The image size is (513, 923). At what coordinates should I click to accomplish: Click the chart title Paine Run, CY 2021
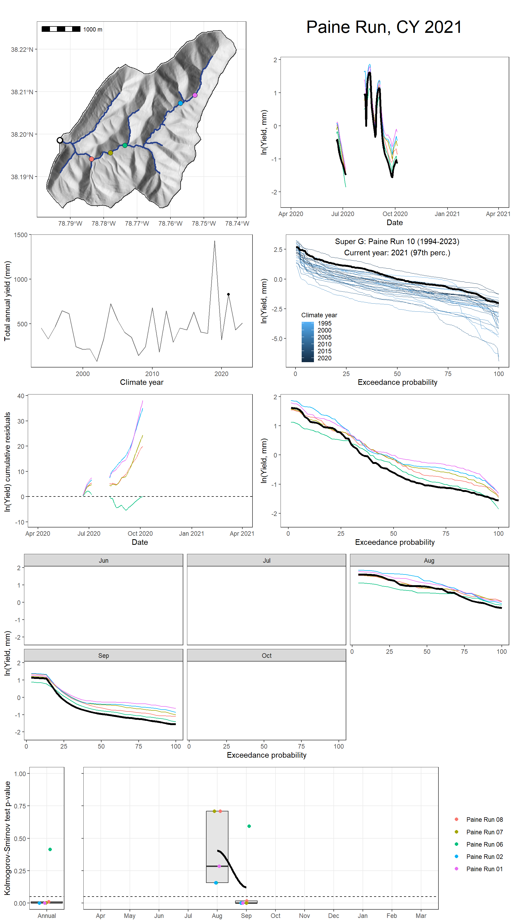(x=384, y=27)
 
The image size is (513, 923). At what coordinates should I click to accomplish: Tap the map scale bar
(x=61, y=29)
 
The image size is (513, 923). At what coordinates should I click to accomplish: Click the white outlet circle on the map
(x=60, y=140)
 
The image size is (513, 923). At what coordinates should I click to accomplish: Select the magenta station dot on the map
(x=195, y=95)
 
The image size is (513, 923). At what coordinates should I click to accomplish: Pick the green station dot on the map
(x=125, y=145)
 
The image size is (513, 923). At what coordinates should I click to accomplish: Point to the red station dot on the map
(x=91, y=159)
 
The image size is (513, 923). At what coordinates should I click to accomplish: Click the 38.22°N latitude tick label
(x=22, y=49)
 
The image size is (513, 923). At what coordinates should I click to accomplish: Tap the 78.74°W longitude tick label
(x=237, y=224)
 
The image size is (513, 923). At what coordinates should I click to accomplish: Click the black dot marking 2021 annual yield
(x=228, y=294)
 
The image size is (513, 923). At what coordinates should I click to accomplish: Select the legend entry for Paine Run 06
(x=484, y=844)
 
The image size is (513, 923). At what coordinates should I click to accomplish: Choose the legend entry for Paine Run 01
(x=484, y=869)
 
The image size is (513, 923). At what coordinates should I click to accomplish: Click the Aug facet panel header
(x=429, y=560)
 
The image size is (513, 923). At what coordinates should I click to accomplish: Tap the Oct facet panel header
(x=266, y=655)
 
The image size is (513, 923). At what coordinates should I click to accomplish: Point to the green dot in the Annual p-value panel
(x=50, y=849)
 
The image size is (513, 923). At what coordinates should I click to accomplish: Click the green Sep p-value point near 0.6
(x=249, y=826)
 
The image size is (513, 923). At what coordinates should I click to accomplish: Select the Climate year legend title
(x=319, y=315)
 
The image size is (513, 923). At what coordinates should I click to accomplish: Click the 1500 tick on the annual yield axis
(x=20, y=235)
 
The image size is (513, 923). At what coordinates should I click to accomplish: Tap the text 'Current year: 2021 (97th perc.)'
(x=397, y=253)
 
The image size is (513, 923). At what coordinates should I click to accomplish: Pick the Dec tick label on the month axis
(x=333, y=916)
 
